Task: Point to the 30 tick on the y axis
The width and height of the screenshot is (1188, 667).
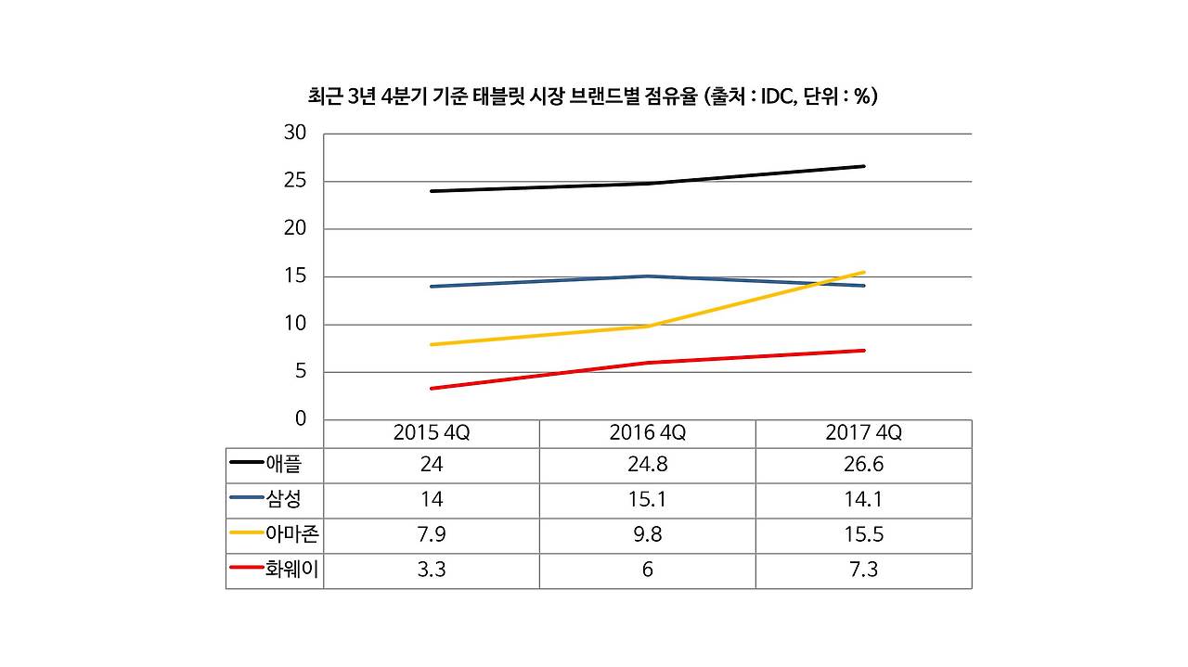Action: (x=294, y=133)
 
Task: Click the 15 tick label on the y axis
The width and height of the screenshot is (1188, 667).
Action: (x=294, y=276)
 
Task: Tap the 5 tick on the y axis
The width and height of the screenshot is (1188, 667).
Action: (x=300, y=372)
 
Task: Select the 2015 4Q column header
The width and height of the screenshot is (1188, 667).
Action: (x=432, y=433)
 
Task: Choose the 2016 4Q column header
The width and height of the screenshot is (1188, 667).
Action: (x=647, y=433)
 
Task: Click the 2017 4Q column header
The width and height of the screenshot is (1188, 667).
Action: (x=863, y=433)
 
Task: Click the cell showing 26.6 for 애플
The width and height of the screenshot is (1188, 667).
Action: (x=863, y=464)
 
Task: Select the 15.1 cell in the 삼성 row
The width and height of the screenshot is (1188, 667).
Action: (x=647, y=499)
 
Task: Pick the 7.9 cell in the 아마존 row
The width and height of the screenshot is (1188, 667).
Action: (x=432, y=534)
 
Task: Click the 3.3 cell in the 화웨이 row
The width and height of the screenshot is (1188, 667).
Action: (x=432, y=570)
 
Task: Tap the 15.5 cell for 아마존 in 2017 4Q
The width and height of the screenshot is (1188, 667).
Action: (x=863, y=534)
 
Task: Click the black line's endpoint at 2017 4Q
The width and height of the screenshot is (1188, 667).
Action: (x=864, y=166)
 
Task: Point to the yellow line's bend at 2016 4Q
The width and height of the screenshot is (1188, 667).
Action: (x=647, y=326)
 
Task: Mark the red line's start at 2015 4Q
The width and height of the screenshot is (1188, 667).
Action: (x=432, y=388)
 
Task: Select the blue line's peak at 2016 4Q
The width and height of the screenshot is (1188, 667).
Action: (x=647, y=276)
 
